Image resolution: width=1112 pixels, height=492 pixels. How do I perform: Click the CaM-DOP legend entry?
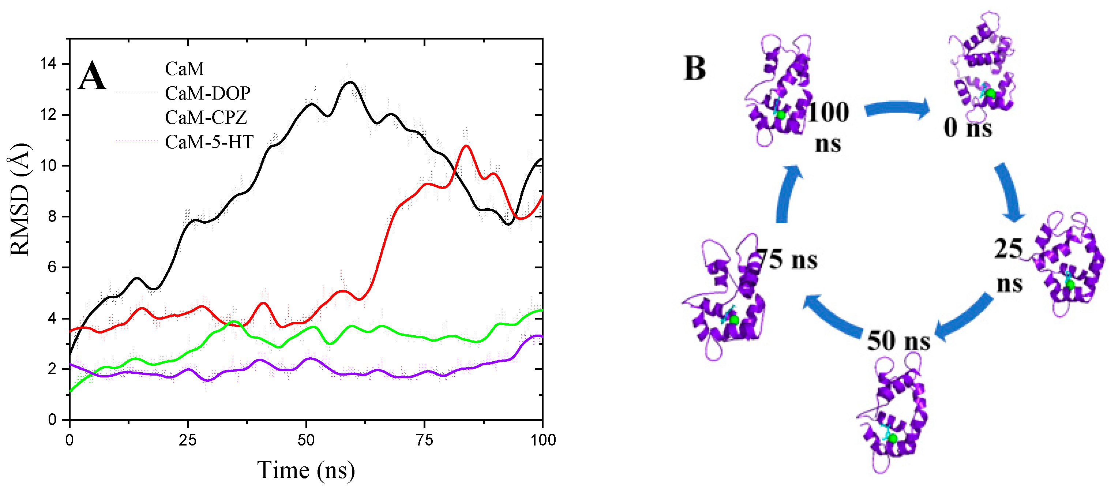[x=207, y=93]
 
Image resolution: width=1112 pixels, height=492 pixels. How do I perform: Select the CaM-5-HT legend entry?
[x=209, y=142]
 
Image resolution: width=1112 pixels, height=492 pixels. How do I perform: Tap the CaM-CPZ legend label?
[x=206, y=117]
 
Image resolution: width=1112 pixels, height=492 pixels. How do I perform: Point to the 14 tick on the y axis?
[x=48, y=64]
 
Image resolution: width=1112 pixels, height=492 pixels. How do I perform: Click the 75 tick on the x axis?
[x=424, y=440]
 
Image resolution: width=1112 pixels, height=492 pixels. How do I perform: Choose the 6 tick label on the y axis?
[x=52, y=267]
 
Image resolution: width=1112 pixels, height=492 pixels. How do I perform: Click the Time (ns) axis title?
[x=306, y=470]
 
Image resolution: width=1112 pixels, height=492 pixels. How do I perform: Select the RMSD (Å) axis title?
[x=20, y=200]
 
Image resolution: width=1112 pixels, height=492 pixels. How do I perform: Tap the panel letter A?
[x=92, y=76]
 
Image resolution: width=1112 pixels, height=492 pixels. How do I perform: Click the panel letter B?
[x=695, y=68]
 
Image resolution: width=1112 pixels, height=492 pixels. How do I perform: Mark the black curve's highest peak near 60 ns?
[x=350, y=82]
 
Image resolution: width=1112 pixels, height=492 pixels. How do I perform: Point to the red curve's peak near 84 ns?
[x=466, y=146]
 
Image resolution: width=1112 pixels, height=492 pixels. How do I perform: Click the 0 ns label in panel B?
[x=968, y=128]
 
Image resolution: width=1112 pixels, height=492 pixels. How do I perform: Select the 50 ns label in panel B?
[x=898, y=340]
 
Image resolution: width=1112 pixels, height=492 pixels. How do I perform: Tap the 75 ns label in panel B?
[x=788, y=260]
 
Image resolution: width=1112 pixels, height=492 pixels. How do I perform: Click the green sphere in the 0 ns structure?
[x=991, y=93]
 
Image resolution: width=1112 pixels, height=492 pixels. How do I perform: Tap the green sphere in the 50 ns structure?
[x=893, y=439]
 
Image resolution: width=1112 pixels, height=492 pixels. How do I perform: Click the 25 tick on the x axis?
[x=187, y=440]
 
